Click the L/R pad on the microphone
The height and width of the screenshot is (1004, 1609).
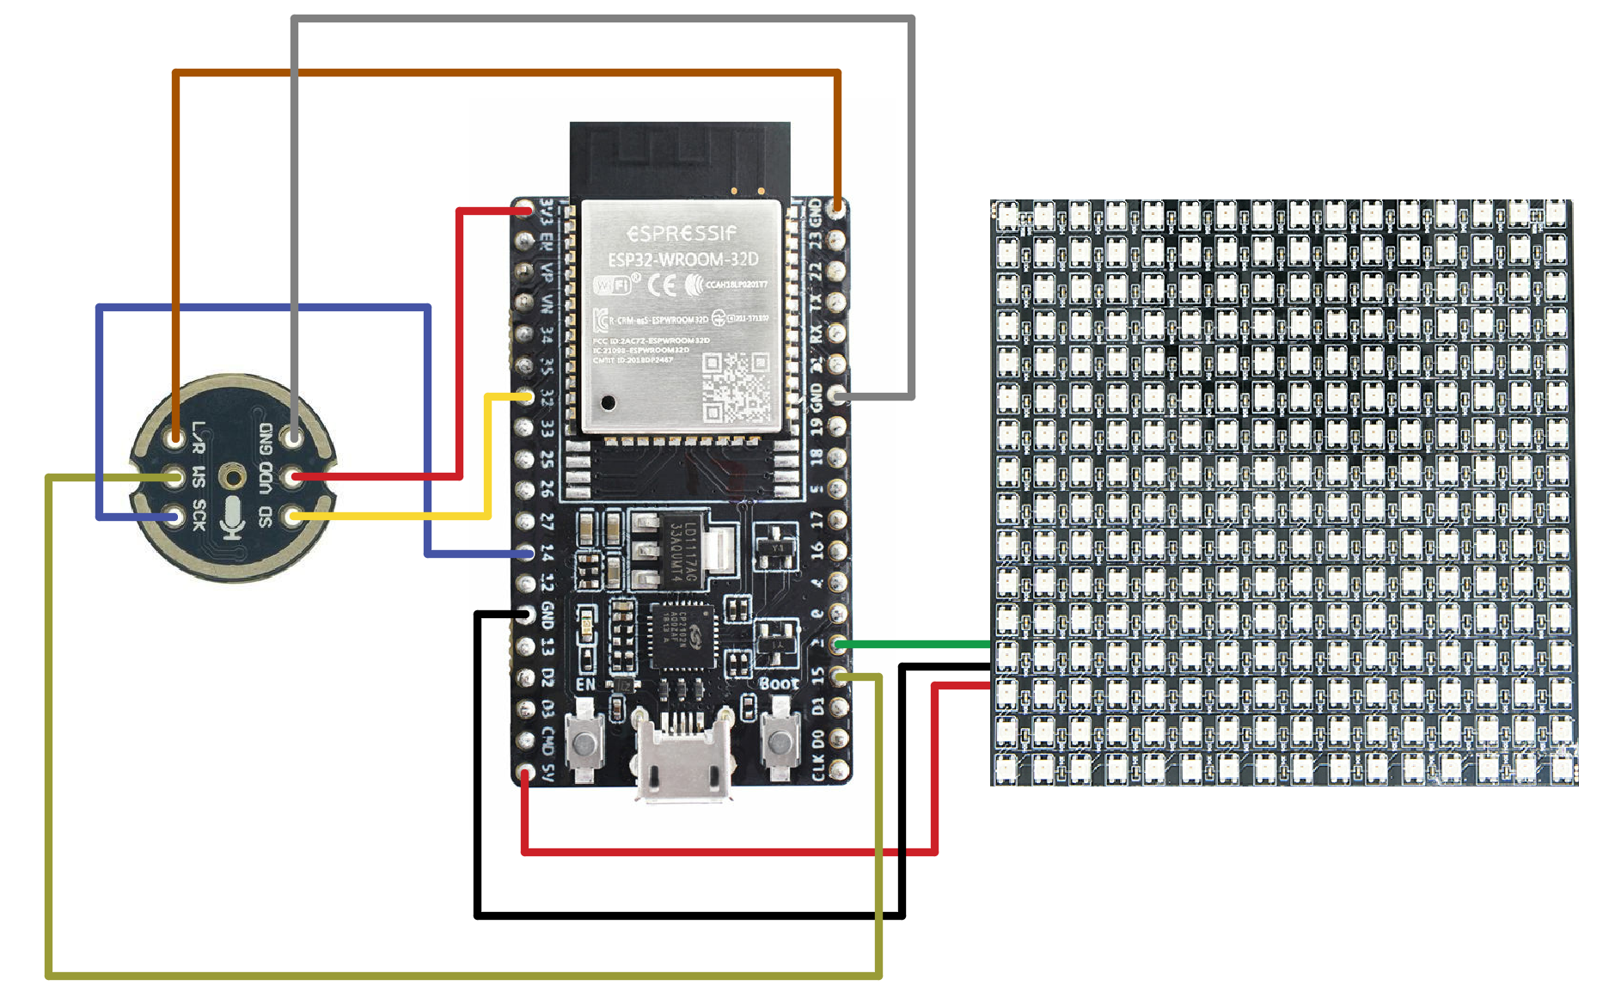pyautogui.click(x=176, y=438)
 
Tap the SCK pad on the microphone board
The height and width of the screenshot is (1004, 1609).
pyautogui.click(x=176, y=517)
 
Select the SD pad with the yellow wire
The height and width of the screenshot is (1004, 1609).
pyautogui.click(x=295, y=516)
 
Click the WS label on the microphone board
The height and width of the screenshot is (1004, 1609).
pyautogui.click(x=199, y=476)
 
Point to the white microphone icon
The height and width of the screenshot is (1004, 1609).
pyautogui.click(x=233, y=517)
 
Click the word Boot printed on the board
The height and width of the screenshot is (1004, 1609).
pyautogui.click(x=779, y=684)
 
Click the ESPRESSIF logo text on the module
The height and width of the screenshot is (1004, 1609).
pyautogui.click(x=682, y=234)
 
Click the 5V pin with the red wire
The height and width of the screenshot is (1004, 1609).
pyautogui.click(x=525, y=773)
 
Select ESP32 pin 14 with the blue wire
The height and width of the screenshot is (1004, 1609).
pyautogui.click(x=525, y=553)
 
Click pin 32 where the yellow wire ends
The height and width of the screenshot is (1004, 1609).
pyautogui.click(x=525, y=396)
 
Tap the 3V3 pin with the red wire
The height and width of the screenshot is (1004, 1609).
pyautogui.click(x=525, y=210)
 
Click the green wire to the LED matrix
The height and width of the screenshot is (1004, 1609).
pyautogui.click(x=911, y=644)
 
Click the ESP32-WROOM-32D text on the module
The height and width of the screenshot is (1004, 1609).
pyautogui.click(x=683, y=259)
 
